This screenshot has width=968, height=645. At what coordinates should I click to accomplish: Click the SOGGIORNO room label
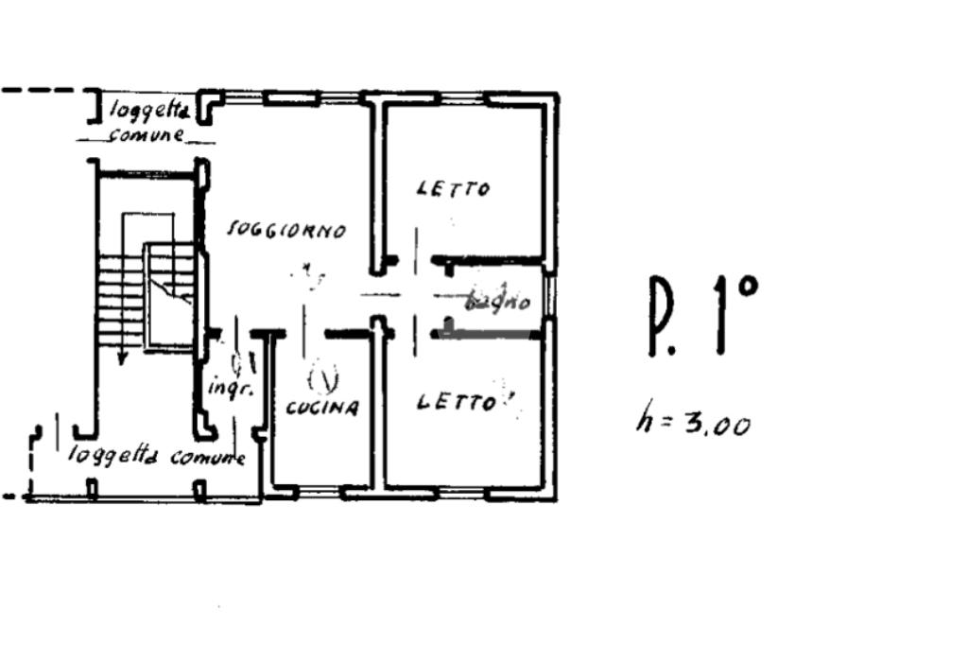pos(286,230)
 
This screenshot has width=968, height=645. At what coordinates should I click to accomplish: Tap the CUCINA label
pos(322,409)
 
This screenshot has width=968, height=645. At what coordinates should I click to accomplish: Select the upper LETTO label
pos(454,189)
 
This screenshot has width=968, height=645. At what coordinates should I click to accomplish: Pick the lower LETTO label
pos(457,403)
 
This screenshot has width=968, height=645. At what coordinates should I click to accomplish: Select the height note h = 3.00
pos(693,422)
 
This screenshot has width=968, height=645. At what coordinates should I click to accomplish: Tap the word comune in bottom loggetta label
pos(208,459)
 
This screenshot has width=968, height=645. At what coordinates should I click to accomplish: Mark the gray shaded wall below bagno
pos(491,334)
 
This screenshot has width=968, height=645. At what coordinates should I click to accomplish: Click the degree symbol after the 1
pos(746,287)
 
